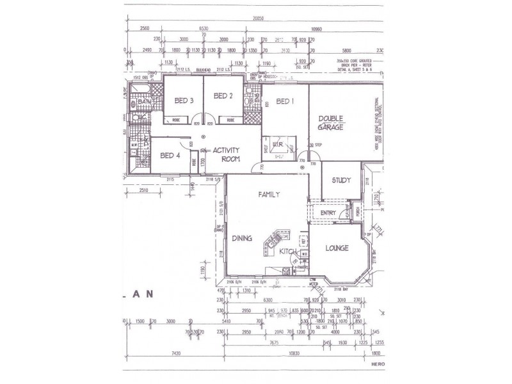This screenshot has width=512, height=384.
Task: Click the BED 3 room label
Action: pos(183,99)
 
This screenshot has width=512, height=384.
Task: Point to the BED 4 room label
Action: pos(171,156)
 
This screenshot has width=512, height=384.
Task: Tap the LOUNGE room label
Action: pos(337,248)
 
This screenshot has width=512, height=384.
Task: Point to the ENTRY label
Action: pos(328,213)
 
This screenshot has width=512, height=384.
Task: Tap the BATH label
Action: pos(143,102)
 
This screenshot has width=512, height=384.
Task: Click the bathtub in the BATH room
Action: pos(141,89)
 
